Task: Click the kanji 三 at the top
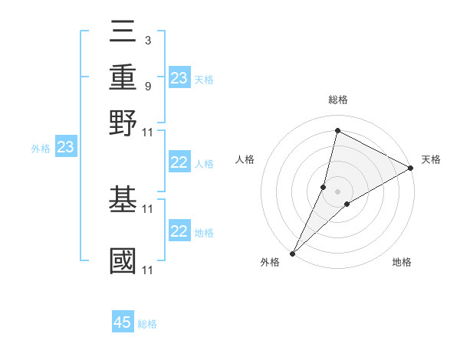tap(123, 36)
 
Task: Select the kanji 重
tap(123, 78)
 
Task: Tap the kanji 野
tap(123, 123)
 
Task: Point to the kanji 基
tap(123, 199)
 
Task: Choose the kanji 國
tap(123, 260)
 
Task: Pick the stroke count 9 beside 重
tap(147, 86)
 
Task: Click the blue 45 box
tap(123, 322)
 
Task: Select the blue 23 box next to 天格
tap(179, 78)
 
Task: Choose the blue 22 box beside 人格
tap(179, 162)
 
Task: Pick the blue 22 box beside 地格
tap(179, 231)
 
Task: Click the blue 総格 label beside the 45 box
tap(147, 324)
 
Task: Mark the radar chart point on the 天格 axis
tap(411, 169)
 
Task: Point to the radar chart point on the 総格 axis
tap(337, 130)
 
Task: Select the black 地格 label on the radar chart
tap(402, 263)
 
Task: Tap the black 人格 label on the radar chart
tap(245, 159)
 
